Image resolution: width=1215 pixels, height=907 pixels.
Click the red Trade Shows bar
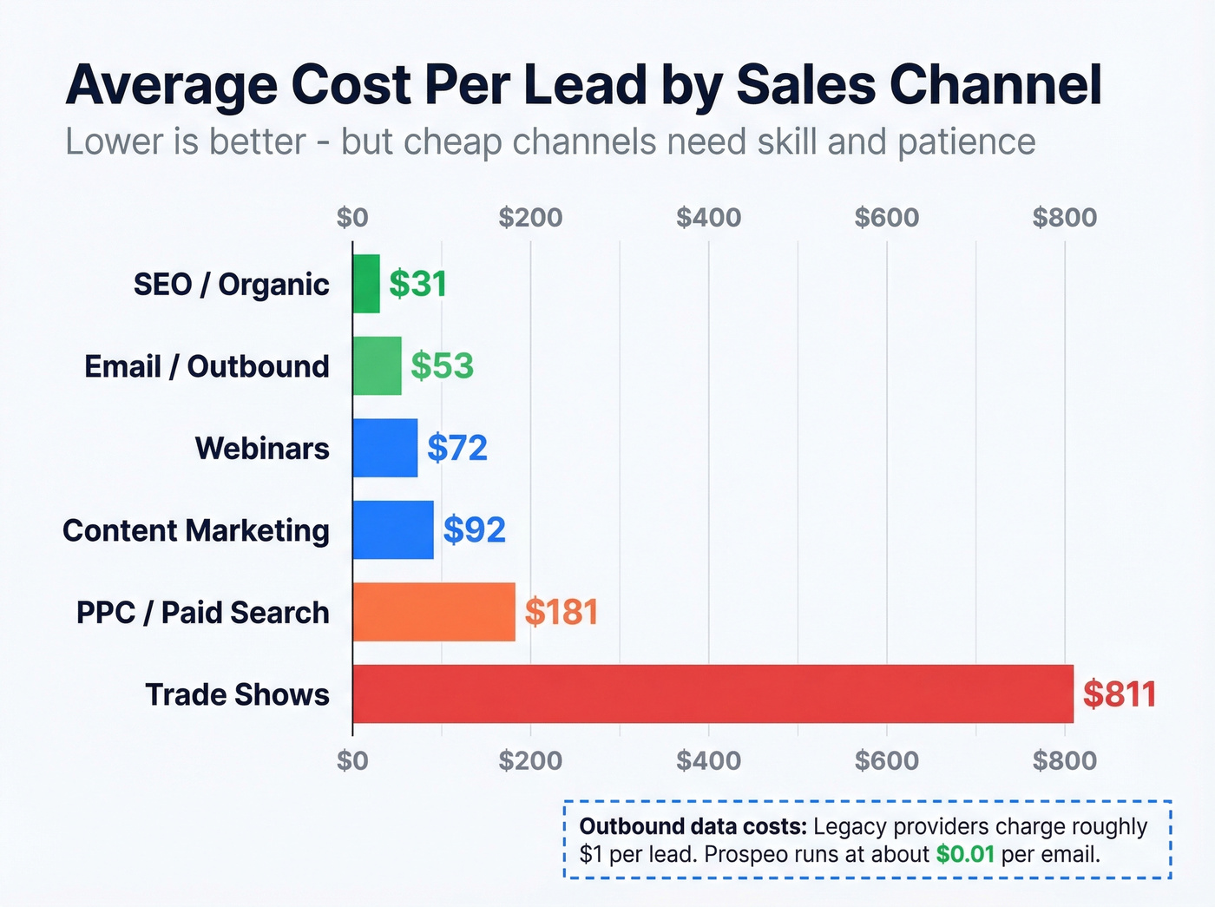(713, 693)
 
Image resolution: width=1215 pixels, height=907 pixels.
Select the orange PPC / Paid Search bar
(434, 612)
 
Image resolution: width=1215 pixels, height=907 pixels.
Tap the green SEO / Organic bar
(366, 284)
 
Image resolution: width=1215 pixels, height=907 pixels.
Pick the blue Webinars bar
(385, 448)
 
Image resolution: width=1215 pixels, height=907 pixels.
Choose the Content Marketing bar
(393, 529)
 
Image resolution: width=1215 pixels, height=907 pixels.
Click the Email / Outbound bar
(378, 366)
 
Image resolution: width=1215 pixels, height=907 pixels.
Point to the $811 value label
(1120, 694)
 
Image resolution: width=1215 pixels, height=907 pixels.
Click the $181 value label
(562, 612)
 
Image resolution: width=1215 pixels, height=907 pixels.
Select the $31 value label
(417, 284)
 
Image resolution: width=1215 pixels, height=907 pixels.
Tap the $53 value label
(442, 366)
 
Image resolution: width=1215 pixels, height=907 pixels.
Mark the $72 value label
(456, 448)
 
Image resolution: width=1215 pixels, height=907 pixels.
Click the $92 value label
(474, 529)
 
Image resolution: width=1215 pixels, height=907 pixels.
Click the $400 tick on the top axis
(708, 217)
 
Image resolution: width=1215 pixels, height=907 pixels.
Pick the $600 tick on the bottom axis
(886, 761)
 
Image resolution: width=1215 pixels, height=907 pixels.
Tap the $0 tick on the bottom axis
(352, 761)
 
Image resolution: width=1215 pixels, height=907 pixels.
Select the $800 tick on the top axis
(1064, 217)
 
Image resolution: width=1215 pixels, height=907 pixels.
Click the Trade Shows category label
(237, 694)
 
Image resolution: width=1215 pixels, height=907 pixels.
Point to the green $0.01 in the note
(964, 854)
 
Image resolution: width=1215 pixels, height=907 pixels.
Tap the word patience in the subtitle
(966, 142)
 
